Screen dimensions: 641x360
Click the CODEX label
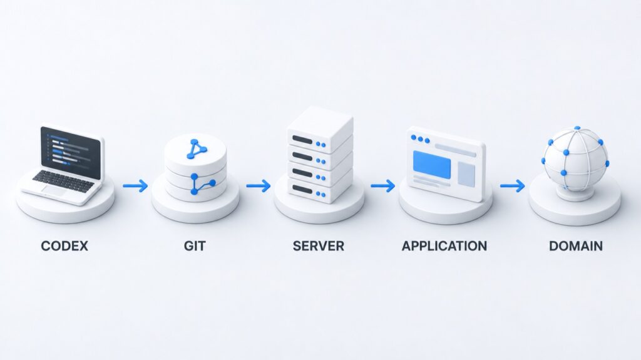tap(64, 246)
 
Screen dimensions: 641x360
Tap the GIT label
tap(195, 246)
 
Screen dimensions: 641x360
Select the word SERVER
tap(319, 246)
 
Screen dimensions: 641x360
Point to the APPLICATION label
tap(444, 246)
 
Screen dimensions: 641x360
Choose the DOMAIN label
tap(576, 246)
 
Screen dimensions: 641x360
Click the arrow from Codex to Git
tap(135, 186)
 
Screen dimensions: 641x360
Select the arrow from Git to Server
tap(259, 186)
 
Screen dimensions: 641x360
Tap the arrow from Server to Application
tap(383, 186)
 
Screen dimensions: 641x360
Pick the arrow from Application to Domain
tap(513, 186)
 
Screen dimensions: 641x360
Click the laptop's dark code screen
tap(71, 153)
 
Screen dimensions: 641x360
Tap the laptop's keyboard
tap(63, 182)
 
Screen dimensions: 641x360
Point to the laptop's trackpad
tap(55, 190)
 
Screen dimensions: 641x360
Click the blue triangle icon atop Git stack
tap(196, 150)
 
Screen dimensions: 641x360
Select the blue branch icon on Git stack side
tap(203, 183)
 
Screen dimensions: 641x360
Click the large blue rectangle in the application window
tap(432, 165)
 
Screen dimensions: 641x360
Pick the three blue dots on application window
tap(420, 139)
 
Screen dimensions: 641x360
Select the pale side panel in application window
tap(466, 174)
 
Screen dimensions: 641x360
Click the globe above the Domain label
tap(576, 160)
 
